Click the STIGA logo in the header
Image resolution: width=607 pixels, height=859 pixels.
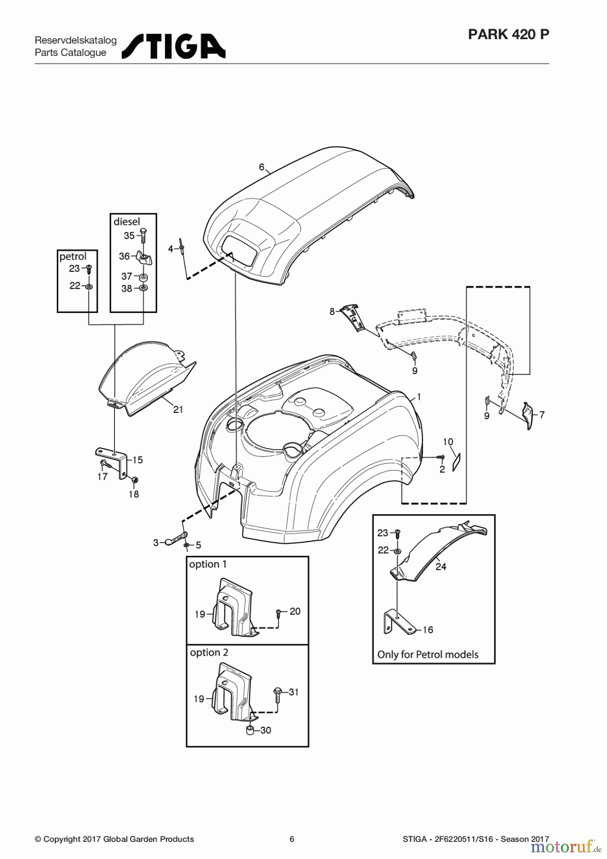[x=173, y=46]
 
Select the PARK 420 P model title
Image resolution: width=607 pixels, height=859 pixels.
[x=508, y=34]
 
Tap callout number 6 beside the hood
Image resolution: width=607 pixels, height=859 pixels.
[x=262, y=167]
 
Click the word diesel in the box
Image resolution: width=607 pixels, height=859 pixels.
[x=127, y=221]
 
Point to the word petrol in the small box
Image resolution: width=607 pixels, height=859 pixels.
[x=73, y=257]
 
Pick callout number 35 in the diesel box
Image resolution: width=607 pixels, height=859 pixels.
[x=129, y=236]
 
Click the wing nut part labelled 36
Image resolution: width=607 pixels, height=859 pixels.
[x=144, y=258]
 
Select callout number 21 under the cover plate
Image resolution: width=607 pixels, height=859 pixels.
[x=178, y=409]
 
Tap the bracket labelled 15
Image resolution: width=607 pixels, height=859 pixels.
[x=113, y=460]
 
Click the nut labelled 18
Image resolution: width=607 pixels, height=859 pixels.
[x=134, y=479]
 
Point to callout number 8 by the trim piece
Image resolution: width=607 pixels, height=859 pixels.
[x=332, y=312]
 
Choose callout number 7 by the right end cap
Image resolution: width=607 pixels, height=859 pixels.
[x=542, y=415]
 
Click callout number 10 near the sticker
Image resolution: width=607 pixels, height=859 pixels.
[x=448, y=442]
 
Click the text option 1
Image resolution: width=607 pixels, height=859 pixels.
[x=208, y=564]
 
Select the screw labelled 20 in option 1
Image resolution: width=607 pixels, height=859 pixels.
[x=279, y=612]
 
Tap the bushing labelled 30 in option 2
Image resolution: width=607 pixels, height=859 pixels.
[x=250, y=731]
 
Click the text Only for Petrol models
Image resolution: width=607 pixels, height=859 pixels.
[x=428, y=654]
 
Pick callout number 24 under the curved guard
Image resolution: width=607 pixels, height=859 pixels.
[x=441, y=566]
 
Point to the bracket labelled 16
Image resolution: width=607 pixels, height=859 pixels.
[x=398, y=623]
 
